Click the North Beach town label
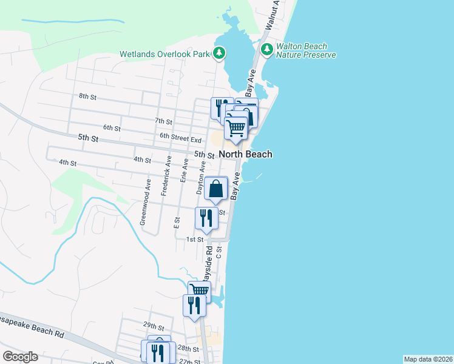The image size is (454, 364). pos(245,154)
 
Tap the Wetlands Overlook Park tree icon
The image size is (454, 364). pos(220,54)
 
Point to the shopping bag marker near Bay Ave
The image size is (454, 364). pos(216,189)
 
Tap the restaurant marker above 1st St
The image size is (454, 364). pos(206,218)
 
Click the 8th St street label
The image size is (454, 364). pos(88,96)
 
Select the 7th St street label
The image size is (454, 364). pos(164,121)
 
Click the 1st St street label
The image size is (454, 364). pos(194,240)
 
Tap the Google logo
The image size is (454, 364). pos(20,357)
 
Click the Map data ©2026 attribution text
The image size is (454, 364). pos(428,359)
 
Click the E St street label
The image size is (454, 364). pos(177,223)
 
